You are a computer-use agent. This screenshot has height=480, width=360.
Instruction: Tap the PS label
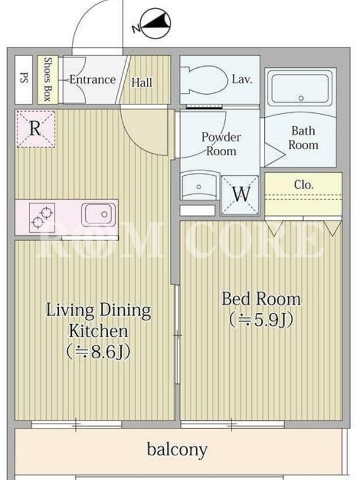pos(23,78)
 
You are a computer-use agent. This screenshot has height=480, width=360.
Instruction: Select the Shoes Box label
pos(47,79)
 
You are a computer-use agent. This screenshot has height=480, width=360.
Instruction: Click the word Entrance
pos(92,80)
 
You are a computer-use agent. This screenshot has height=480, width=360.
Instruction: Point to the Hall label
pos(142,83)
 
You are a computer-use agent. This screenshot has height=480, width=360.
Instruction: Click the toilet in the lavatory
pos(204,80)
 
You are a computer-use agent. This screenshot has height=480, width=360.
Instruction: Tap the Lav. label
pos(242,80)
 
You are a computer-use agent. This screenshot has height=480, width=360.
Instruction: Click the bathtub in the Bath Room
pos(300,88)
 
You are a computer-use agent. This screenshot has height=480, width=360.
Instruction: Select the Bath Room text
pos(304,138)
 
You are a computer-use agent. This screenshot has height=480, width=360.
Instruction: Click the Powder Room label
pos(221,144)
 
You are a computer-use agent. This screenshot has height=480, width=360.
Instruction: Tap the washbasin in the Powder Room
pos(200,186)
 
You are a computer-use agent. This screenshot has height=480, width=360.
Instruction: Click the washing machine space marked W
pos(241,194)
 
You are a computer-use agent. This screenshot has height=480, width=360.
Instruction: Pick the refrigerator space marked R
pos(35,128)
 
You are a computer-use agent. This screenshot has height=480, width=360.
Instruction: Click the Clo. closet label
pos(304,185)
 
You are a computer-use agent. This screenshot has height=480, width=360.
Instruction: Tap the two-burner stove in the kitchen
pos(42,217)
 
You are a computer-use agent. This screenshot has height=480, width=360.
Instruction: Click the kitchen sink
pos(98,215)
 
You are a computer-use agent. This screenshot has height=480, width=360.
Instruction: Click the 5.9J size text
pos(261,320)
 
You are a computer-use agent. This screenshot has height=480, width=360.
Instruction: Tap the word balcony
pos(177,449)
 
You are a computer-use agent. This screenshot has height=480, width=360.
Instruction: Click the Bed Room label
pos(261,298)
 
